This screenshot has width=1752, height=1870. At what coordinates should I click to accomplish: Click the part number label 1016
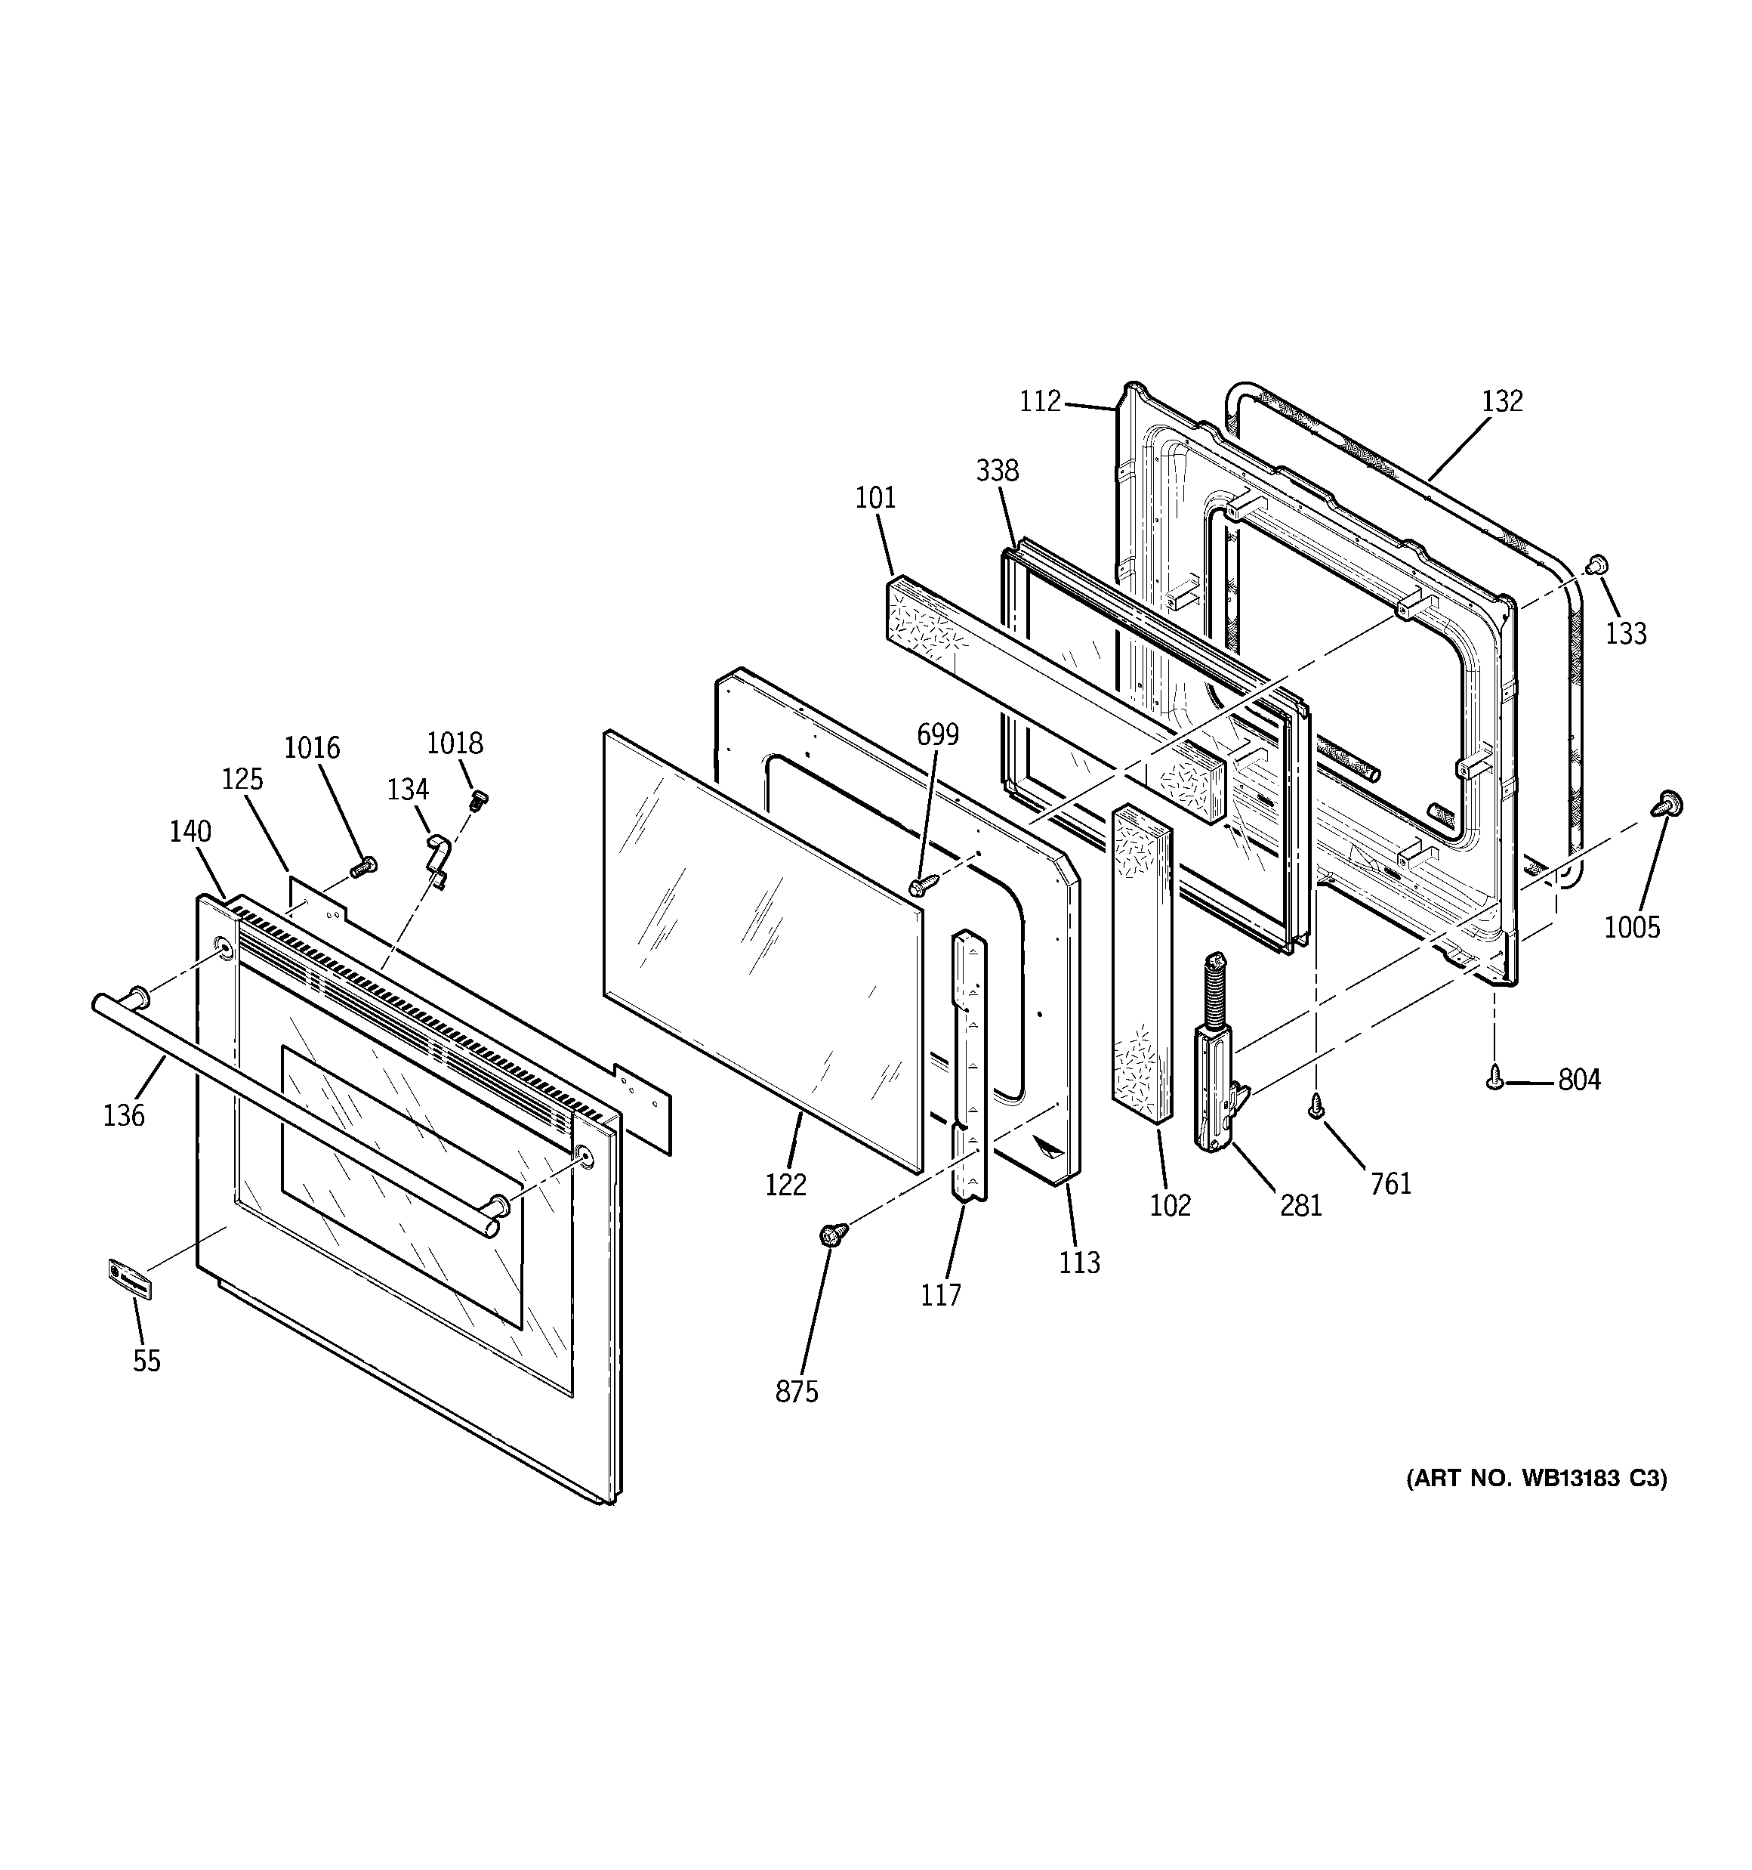tap(312, 748)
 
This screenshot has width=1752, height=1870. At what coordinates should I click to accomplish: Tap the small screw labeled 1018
tap(478, 800)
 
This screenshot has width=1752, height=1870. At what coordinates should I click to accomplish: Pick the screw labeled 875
tap(832, 1234)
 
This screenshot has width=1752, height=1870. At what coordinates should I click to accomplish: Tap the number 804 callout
tap(1579, 1080)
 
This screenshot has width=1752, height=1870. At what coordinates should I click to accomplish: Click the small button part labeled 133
tap(1597, 565)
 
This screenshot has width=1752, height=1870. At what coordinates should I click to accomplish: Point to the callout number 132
tap(1502, 402)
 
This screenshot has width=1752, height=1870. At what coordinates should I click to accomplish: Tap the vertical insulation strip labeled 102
tap(1142, 965)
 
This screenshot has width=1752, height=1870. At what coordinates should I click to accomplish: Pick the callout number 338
tap(997, 470)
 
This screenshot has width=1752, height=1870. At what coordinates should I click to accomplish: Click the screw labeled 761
tap(1316, 1109)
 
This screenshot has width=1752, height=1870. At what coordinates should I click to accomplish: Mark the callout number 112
tap(1040, 402)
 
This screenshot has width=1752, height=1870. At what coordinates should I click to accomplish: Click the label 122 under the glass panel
tap(785, 1185)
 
